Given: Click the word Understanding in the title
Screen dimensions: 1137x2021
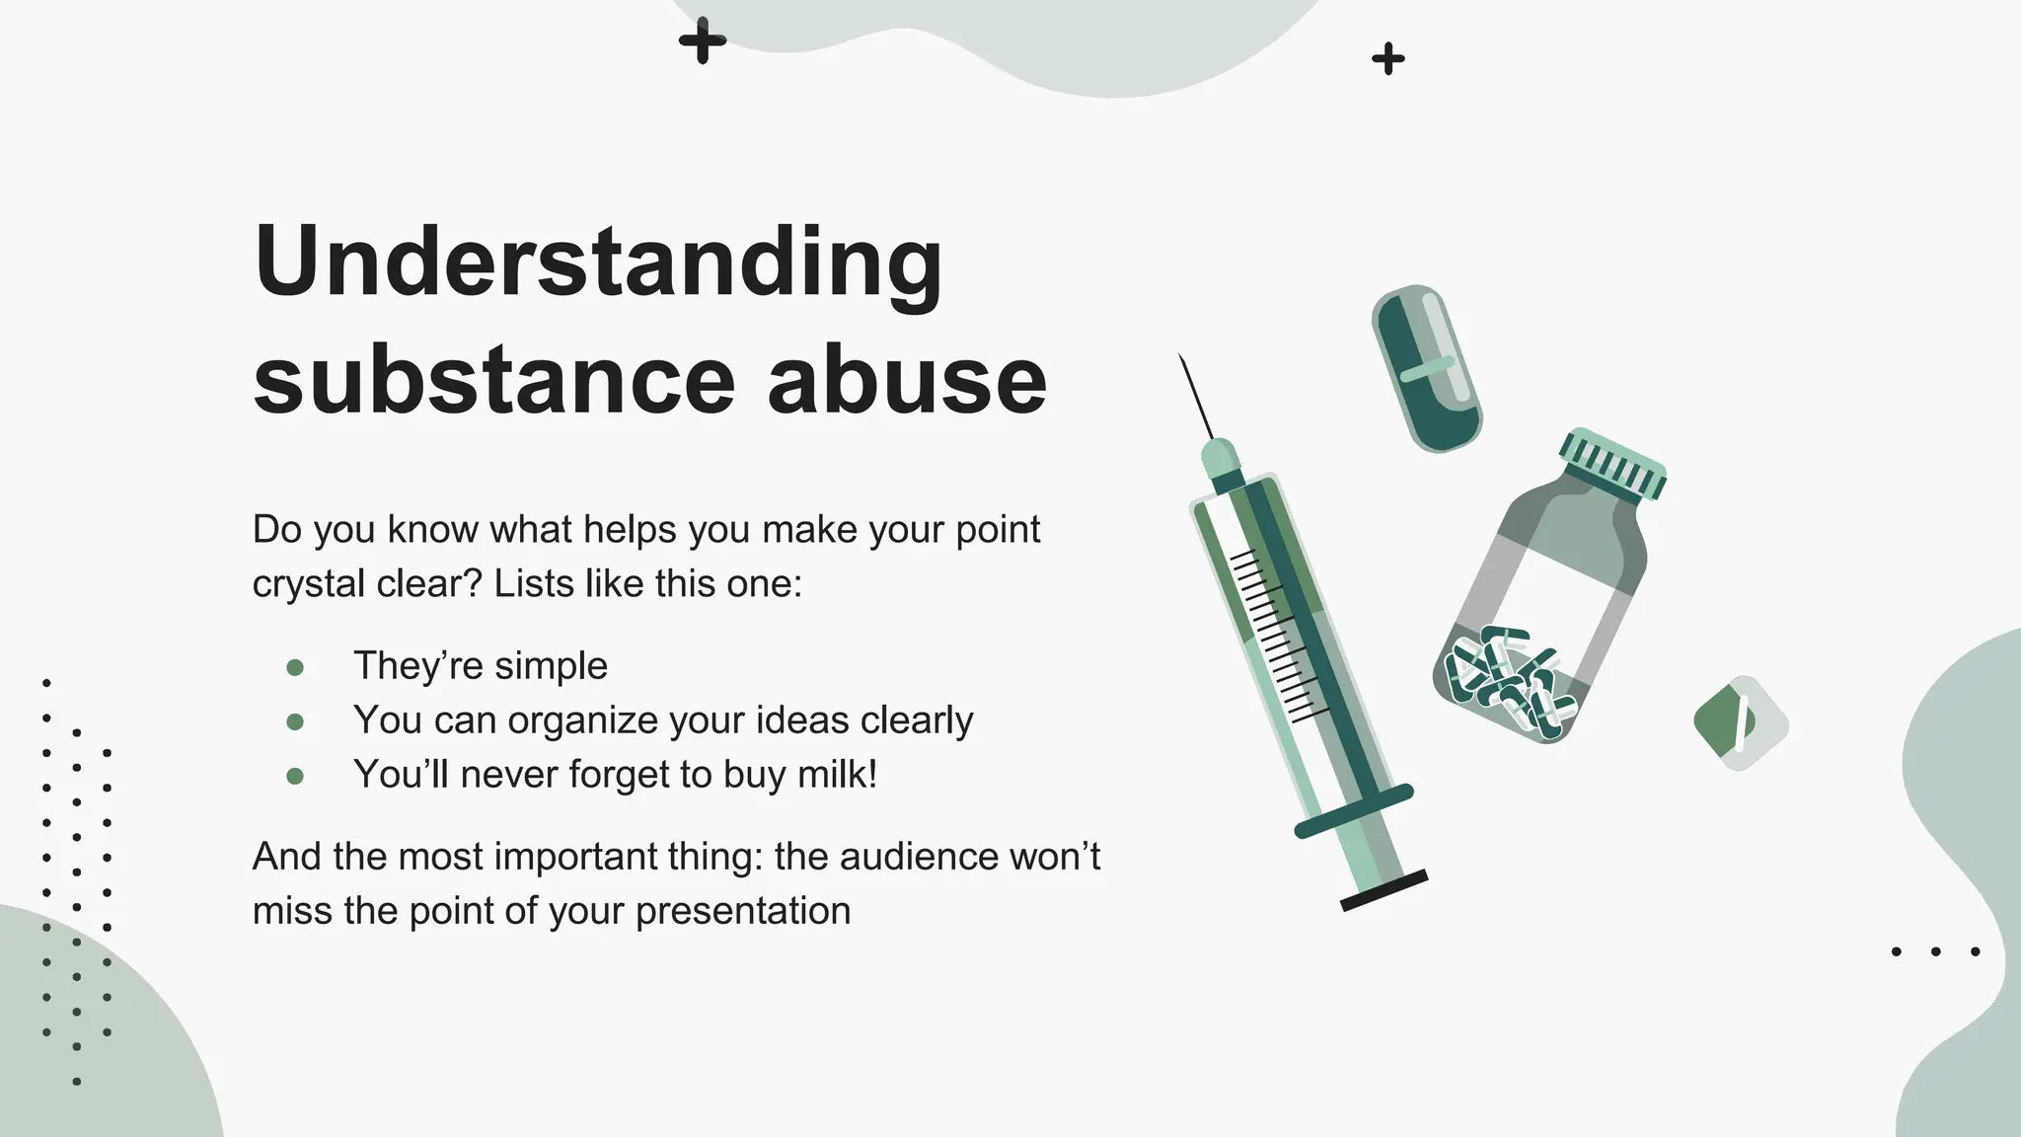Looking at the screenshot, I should pyautogui.click(x=598, y=262).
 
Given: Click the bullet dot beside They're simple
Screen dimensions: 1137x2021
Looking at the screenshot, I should pyautogui.click(x=294, y=668).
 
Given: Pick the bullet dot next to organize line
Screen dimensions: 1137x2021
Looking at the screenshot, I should pyautogui.click(x=294, y=722).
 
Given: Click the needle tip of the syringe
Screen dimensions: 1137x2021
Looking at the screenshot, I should pyautogui.click(x=1181, y=358).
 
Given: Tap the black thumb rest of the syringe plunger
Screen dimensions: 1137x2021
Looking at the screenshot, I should pyautogui.click(x=1384, y=890).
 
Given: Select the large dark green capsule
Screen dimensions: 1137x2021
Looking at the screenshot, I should pyautogui.click(x=1427, y=369).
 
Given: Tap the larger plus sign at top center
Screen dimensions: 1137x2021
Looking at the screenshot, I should pyautogui.click(x=703, y=41).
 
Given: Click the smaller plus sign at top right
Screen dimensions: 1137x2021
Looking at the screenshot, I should pyautogui.click(x=1388, y=59).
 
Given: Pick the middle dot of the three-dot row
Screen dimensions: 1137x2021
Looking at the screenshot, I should pyautogui.click(x=1936, y=951).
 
